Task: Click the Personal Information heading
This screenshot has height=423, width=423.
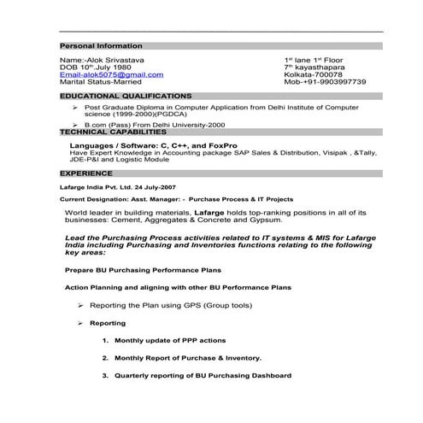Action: coord(94,44)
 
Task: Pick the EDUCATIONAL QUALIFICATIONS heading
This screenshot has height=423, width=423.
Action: coord(126,96)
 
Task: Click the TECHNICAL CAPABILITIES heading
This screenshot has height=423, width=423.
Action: coord(113,132)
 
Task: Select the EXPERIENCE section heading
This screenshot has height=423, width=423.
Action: coord(86,172)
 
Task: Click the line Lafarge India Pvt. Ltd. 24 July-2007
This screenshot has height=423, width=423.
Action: coord(117,185)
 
